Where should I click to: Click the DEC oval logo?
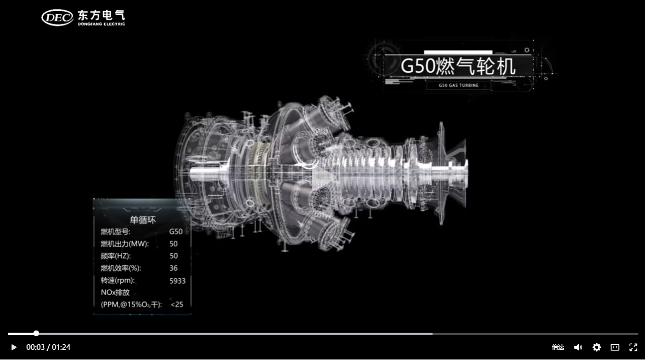(x=57, y=18)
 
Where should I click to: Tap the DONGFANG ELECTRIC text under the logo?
(x=101, y=24)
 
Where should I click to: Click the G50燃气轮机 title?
(x=458, y=66)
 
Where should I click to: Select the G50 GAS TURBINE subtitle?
(x=458, y=85)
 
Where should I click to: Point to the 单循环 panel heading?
(x=142, y=220)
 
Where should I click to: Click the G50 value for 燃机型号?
(x=176, y=231)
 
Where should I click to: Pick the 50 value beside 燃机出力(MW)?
(x=173, y=244)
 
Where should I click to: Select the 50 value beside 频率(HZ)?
(x=174, y=256)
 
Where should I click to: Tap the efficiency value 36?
(x=173, y=268)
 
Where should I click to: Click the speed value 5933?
(x=177, y=281)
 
